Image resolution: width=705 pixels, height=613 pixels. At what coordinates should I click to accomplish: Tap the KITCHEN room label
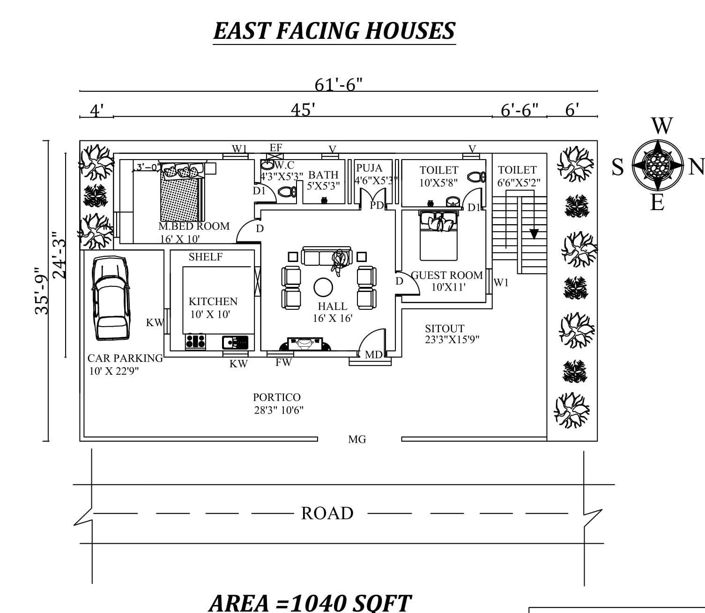click(x=213, y=301)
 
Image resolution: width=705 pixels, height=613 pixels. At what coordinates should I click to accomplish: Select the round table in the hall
click(x=323, y=287)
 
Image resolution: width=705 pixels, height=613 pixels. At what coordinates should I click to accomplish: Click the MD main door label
click(x=373, y=355)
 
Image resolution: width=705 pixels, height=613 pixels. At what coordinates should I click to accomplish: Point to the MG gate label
click(x=357, y=439)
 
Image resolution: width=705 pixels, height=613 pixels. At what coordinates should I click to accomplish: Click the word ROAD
click(x=327, y=513)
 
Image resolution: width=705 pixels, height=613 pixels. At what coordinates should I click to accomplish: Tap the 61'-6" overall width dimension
click(x=338, y=85)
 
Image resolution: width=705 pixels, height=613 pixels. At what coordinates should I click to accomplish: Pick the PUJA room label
click(x=369, y=168)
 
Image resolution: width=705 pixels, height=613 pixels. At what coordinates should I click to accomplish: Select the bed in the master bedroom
click(x=182, y=192)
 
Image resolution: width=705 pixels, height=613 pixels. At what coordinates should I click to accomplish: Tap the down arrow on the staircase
click(x=534, y=233)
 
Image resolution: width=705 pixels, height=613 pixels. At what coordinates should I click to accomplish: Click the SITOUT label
click(x=444, y=328)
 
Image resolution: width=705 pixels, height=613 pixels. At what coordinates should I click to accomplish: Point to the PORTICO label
click(x=276, y=397)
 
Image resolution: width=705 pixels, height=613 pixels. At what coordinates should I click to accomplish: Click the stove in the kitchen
click(x=195, y=342)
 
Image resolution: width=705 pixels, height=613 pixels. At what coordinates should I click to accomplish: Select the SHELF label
click(x=205, y=257)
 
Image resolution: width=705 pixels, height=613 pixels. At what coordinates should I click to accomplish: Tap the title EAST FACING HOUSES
click(x=334, y=31)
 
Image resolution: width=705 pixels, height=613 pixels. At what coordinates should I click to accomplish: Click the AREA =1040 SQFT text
click(x=310, y=603)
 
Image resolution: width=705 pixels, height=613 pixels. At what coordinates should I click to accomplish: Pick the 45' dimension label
click(x=303, y=110)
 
